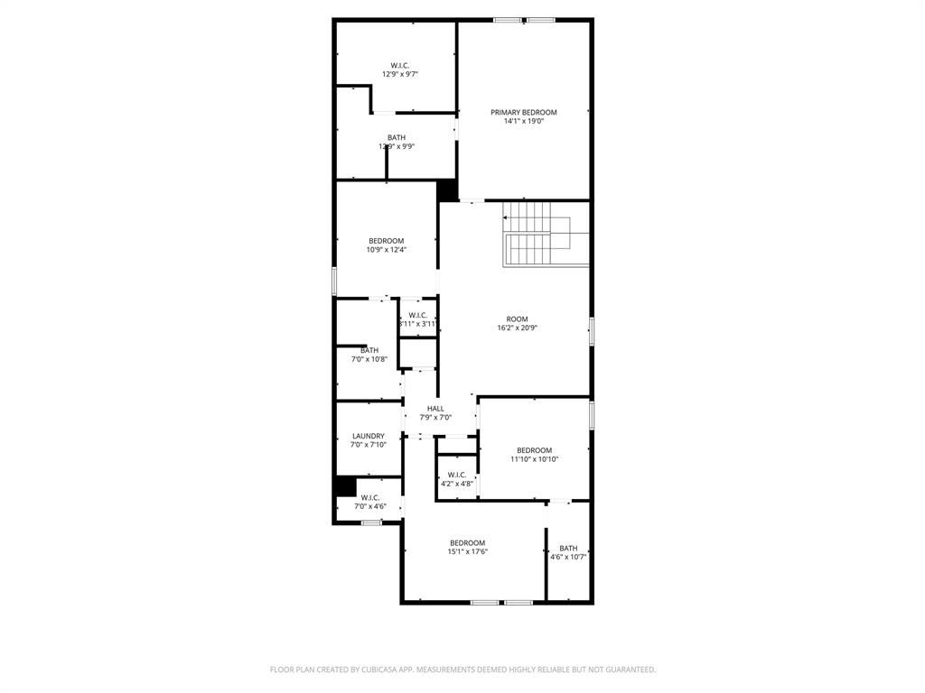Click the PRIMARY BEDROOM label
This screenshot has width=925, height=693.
(x=524, y=113)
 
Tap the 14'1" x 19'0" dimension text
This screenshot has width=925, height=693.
(x=524, y=121)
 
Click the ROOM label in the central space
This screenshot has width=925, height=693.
(x=517, y=319)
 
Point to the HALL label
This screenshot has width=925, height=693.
(x=435, y=409)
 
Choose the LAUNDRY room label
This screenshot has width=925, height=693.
(x=369, y=436)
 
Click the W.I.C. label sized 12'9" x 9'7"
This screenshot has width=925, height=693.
(x=400, y=65)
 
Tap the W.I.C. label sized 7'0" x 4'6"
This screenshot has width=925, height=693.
(x=370, y=497)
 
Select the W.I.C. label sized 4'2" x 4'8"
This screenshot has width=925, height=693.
(x=457, y=475)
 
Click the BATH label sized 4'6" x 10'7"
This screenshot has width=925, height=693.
(x=568, y=548)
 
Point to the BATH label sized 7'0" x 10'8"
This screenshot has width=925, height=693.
(x=369, y=350)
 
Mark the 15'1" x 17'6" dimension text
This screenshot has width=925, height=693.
(x=468, y=551)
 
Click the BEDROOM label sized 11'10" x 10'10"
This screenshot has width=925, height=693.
(x=534, y=450)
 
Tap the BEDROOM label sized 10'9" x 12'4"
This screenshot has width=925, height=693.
(x=386, y=241)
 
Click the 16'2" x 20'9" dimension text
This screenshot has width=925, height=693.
(x=517, y=328)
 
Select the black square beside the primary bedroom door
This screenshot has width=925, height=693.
(x=447, y=191)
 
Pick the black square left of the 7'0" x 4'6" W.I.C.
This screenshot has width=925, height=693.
(x=344, y=486)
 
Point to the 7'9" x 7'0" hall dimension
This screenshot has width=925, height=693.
(x=435, y=417)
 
